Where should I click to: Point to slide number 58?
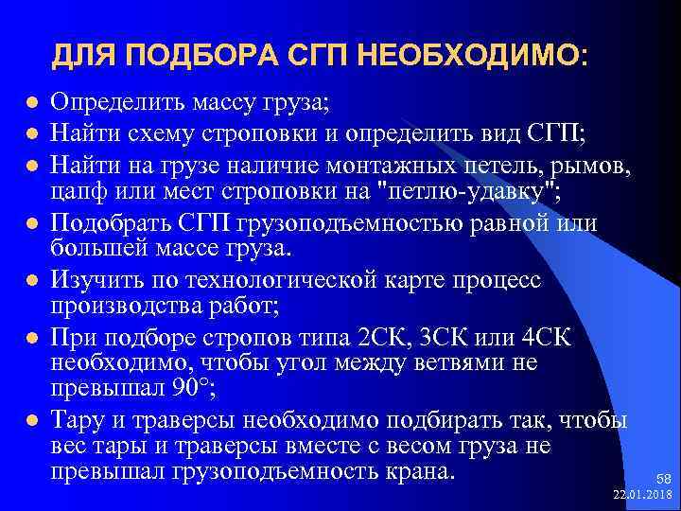(661, 478)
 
